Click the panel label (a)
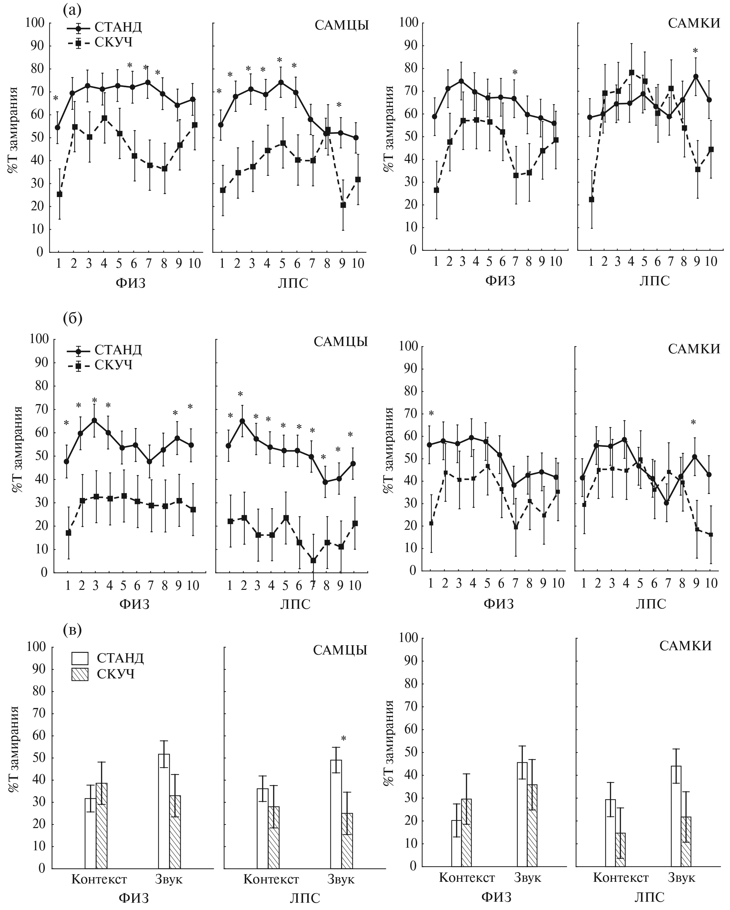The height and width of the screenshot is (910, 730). pyautogui.click(x=72, y=9)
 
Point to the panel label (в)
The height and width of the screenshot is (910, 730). pyautogui.click(x=72, y=630)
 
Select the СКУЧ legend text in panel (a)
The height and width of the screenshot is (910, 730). pyautogui.click(x=114, y=42)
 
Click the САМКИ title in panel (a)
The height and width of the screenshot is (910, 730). pyautogui.click(x=694, y=23)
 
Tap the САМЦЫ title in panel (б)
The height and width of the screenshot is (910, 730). pyautogui.click(x=340, y=341)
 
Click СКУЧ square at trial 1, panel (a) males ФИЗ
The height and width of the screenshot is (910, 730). pyautogui.click(x=59, y=194)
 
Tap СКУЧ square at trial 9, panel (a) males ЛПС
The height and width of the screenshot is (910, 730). pyautogui.click(x=343, y=205)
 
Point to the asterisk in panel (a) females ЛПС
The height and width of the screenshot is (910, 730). pyautogui.click(x=695, y=51)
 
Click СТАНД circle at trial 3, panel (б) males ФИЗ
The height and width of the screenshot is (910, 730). pyautogui.click(x=94, y=420)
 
